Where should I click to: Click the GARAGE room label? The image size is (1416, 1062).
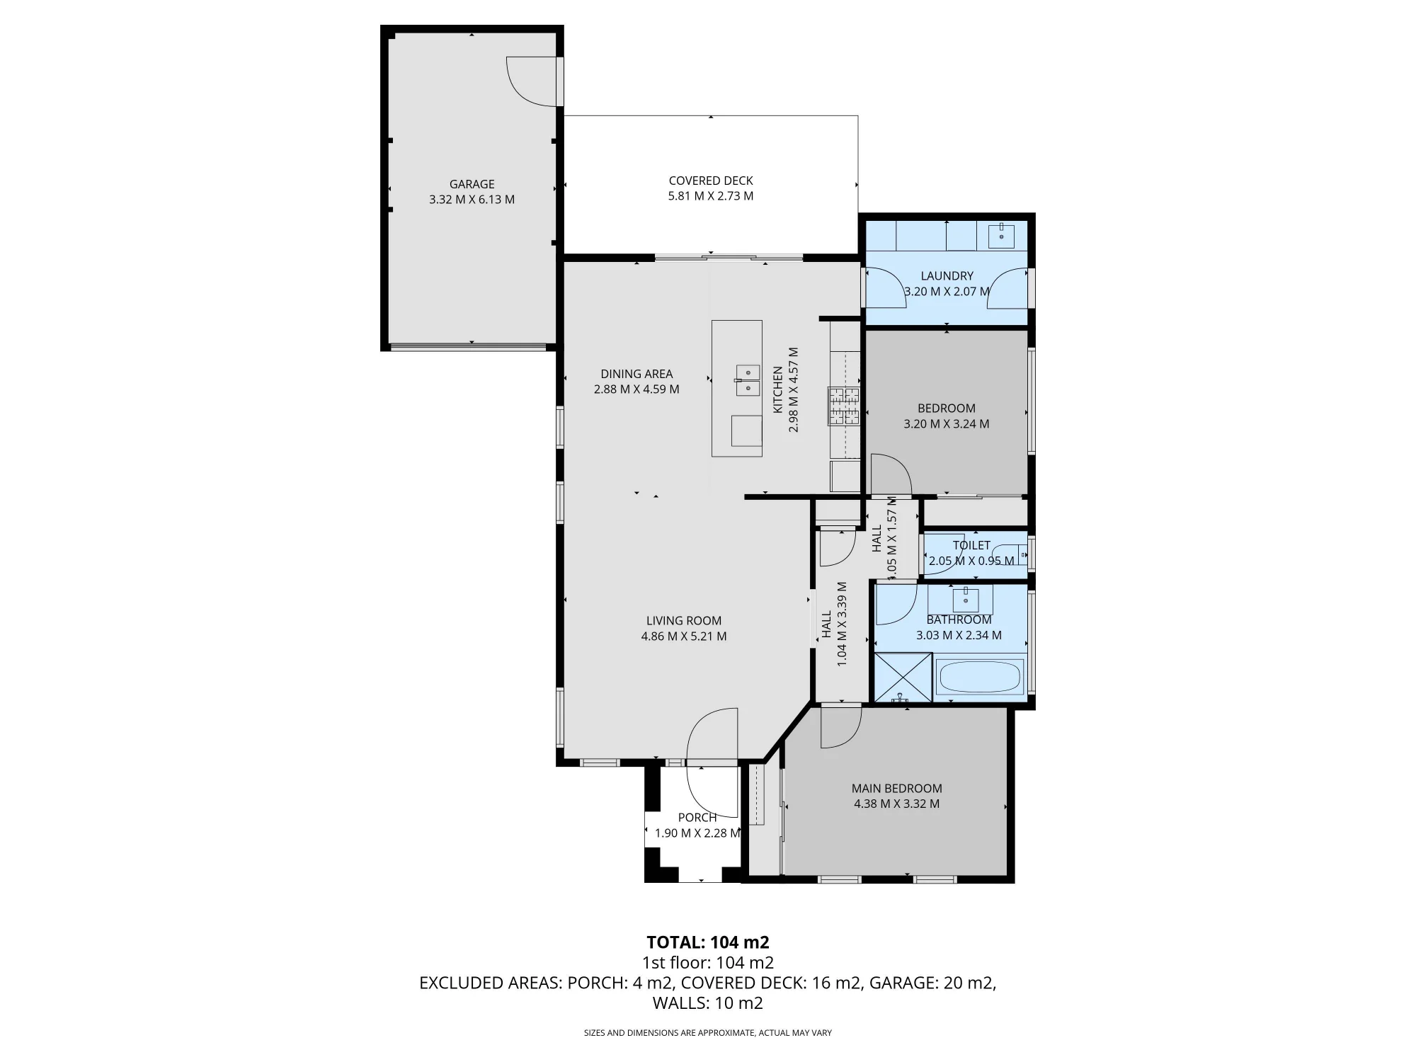472,184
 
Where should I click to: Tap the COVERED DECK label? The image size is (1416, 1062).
711,181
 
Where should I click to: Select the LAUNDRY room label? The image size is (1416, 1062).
947,276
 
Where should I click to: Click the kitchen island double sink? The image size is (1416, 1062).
748,380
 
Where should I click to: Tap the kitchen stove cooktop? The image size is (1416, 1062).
845,406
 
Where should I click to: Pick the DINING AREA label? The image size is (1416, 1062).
636,374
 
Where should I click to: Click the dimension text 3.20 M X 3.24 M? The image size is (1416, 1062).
947,424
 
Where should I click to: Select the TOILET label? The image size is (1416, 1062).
971,545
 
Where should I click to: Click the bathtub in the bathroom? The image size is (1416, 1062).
980,678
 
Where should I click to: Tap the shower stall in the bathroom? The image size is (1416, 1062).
903,678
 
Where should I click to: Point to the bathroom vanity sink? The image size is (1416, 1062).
965,600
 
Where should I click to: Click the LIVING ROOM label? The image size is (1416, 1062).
683,621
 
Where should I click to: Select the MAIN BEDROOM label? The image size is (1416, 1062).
896,788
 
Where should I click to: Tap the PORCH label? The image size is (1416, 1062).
697,818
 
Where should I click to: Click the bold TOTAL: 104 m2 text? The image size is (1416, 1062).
708,942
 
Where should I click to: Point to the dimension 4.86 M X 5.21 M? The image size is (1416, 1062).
683,636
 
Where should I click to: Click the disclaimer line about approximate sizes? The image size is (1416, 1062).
708,1033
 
